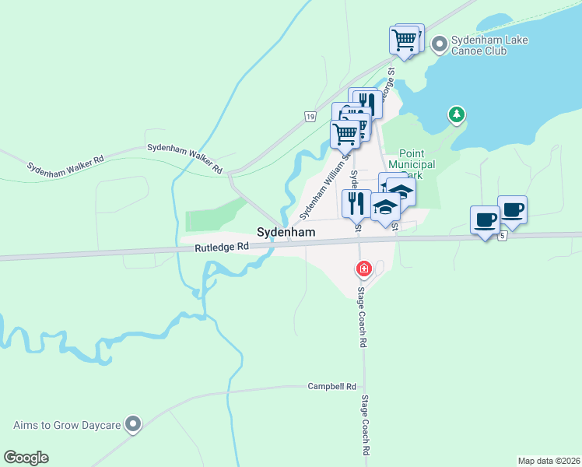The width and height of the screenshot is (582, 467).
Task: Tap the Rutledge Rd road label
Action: pos(222,247)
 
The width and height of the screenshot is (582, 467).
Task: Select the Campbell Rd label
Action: pos(331,386)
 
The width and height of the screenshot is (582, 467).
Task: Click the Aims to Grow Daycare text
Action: pos(67,425)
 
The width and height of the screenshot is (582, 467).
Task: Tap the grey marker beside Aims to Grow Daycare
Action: pos(135,424)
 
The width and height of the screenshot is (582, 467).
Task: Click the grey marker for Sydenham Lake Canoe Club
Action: pos(438,44)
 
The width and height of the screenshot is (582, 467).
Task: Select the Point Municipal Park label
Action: pos(416,165)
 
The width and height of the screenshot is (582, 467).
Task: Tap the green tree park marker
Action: pos(458,115)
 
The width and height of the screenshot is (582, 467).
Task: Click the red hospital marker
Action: pos(363,269)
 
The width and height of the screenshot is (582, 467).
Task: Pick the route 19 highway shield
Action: pos(310,117)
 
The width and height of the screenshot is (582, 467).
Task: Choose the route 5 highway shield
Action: pos(503,235)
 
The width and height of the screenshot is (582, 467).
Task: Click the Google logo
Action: pos(26,458)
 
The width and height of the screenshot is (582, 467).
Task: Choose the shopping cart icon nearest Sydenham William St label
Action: pos(345,133)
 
